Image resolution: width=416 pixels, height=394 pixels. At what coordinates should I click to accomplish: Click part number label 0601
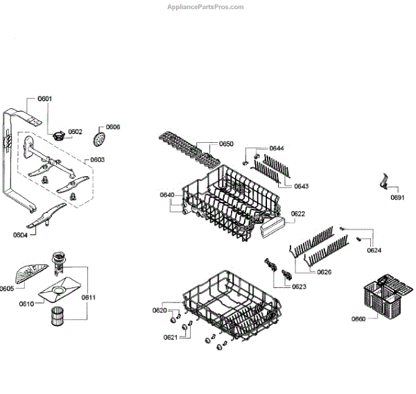44,99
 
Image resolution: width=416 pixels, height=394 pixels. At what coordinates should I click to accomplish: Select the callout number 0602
75,131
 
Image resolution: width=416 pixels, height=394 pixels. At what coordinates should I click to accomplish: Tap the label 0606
113,127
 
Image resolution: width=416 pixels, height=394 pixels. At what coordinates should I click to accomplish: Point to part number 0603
97,160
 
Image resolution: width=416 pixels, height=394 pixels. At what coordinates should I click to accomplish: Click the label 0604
19,234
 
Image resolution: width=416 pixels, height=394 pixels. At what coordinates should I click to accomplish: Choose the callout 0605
7,289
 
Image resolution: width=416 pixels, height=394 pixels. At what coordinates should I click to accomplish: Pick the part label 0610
26,304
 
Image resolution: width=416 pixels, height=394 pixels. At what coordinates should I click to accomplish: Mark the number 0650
226,144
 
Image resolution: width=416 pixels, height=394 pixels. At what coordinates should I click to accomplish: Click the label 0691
397,198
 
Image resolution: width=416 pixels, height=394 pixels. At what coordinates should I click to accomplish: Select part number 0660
358,320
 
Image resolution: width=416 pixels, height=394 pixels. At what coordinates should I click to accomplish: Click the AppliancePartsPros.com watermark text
206,7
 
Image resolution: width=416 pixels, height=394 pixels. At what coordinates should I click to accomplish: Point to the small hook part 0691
383,182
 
